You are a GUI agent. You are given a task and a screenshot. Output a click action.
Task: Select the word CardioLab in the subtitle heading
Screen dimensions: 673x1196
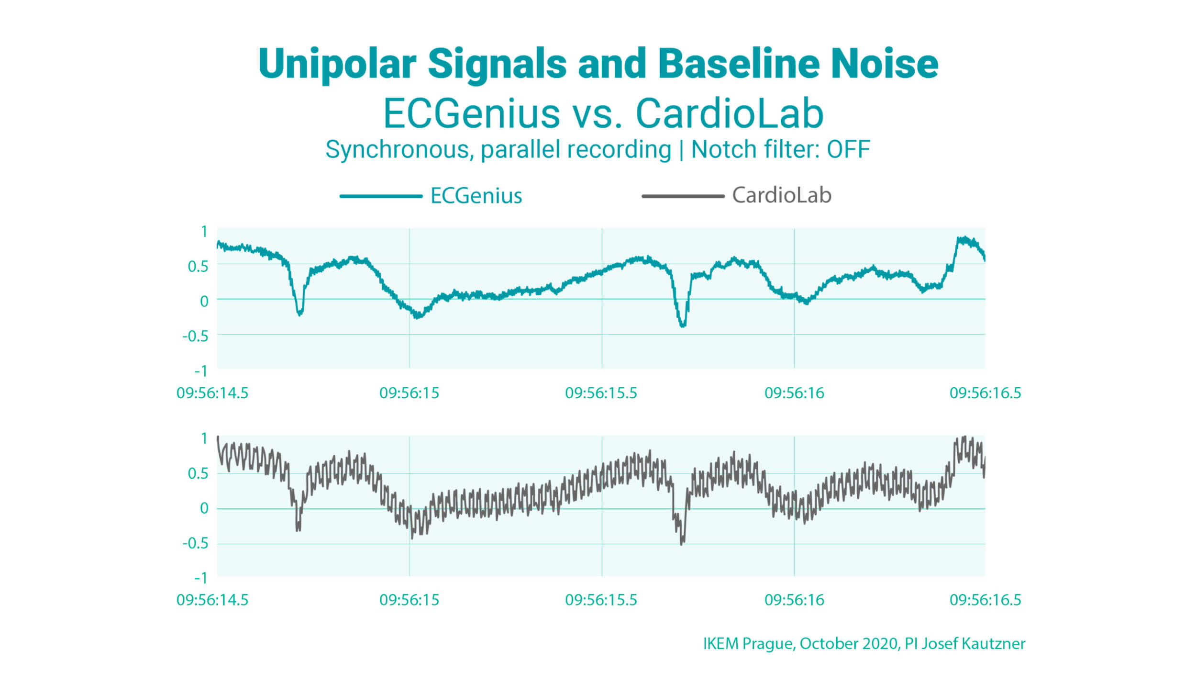coord(729,114)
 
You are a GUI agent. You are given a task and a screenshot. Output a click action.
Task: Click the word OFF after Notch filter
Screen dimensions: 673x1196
coord(848,149)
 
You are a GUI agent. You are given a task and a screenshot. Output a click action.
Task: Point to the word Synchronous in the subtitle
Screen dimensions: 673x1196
coord(399,150)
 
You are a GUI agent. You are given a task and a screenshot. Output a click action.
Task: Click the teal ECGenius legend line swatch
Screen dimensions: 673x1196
coord(381,196)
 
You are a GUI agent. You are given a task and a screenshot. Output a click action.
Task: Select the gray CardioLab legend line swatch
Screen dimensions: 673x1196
coord(683,196)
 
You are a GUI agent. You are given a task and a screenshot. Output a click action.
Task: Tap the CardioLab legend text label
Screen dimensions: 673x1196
coord(782,195)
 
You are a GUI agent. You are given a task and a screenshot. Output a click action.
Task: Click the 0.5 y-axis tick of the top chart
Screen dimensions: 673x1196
coord(198,267)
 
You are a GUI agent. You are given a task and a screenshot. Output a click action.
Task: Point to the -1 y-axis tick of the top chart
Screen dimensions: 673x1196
coord(201,371)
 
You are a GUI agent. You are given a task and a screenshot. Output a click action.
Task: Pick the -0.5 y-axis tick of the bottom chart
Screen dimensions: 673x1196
coord(196,543)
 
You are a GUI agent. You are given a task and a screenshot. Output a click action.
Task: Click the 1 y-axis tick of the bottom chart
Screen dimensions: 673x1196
coord(204,438)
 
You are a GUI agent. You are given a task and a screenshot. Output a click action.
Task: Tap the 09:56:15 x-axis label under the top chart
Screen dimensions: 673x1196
coord(409,393)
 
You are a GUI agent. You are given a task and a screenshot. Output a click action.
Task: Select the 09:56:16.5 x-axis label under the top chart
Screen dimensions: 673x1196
coord(985,393)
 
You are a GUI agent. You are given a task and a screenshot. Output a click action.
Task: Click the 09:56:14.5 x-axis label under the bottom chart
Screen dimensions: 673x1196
coord(212,600)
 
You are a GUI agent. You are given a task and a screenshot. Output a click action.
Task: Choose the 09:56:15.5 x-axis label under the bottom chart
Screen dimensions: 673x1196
coord(601,600)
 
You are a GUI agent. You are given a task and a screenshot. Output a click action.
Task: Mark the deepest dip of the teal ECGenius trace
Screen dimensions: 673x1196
coord(683,325)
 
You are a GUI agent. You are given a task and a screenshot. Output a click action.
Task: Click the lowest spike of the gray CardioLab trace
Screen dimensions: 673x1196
coord(682,544)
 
